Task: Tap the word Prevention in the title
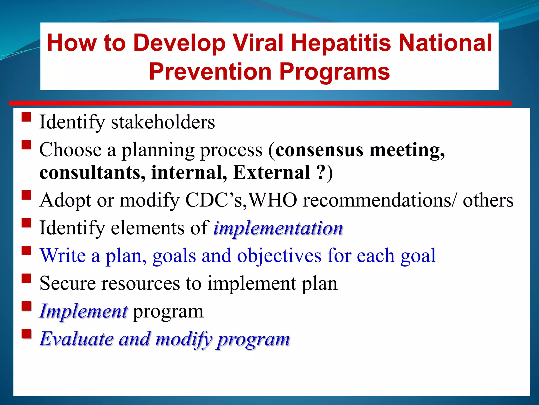[x=210, y=71]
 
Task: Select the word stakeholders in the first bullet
[x=163, y=122]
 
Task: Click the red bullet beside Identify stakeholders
[x=26, y=117]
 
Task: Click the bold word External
[x=272, y=173]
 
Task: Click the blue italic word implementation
[x=278, y=228]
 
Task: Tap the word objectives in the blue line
[x=279, y=256]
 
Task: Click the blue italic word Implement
[x=84, y=311]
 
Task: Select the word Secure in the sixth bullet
[x=68, y=283]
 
